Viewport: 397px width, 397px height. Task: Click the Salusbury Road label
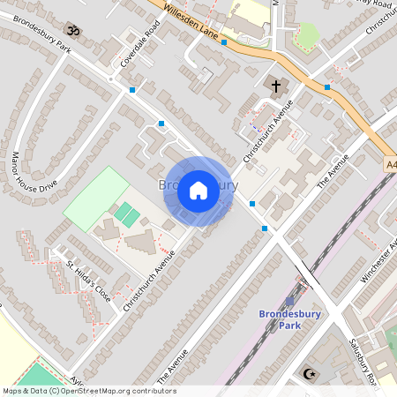[x=363, y=362]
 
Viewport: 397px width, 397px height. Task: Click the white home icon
[x=198, y=190]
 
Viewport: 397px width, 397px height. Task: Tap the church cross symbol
[x=276, y=86]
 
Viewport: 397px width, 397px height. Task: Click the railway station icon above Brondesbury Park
[x=290, y=302]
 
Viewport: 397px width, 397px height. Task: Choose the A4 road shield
[x=391, y=163]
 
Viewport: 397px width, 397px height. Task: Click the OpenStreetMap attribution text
[x=88, y=391]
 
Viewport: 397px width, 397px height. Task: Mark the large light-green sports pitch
[x=97, y=198]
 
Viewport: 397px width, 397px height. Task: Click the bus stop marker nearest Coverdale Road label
[x=132, y=90]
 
